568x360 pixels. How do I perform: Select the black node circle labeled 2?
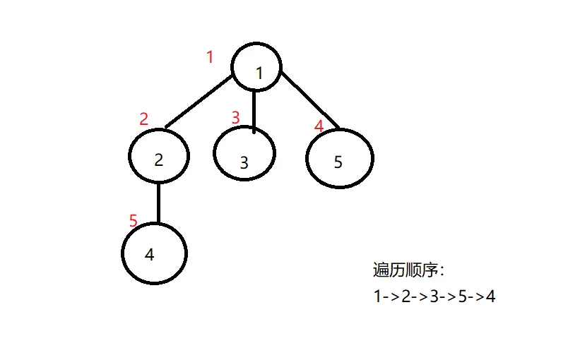pyautogui.click(x=159, y=156)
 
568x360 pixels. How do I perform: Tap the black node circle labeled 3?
pyautogui.click(x=244, y=154)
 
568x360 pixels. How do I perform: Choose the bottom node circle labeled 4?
pyautogui.click(x=154, y=253)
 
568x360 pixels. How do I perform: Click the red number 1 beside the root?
pyautogui.click(x=209, y=57)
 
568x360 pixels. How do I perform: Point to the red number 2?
pyautogui.click(x=144, y=119)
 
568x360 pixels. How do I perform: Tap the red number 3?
pyautogui.click(x=236, y=117)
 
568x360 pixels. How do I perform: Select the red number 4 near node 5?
pyautogui.click(x=319, y=126)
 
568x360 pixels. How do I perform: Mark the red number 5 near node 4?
pyautogui.click(x=134, y=221)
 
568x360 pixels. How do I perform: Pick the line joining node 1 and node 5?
pyautogui.click(x=309, y=99)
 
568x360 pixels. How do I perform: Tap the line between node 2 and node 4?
pyautogui.click(x=158, y=203)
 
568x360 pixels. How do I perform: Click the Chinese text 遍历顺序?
pyautogui.click(x=406, y=270)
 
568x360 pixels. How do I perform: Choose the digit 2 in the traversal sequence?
pyautogui.click(x=406, y=296)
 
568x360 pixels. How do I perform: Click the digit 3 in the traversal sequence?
pyautogui.click(x=434, y=296)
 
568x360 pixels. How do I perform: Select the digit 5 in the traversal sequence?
pyautogui.click(x=462, y=296)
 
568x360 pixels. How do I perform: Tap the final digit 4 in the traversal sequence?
pyautogui.click(x=490, y=296)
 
